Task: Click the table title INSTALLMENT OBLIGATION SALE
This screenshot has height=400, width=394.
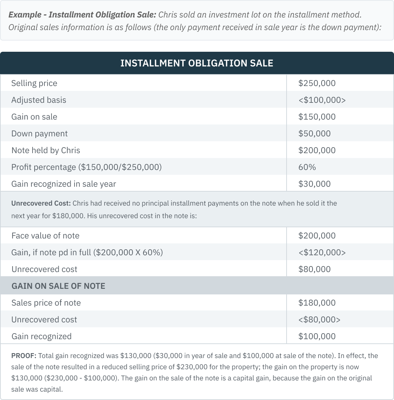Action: pos(197,63)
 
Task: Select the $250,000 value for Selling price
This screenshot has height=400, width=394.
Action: pos(317,83)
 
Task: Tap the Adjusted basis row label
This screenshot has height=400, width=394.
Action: pos(38,100)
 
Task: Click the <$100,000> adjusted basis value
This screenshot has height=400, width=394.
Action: pos(322,100)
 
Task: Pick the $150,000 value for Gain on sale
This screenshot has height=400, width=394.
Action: pos(317,117)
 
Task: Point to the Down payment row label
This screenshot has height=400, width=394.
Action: pos(39,134)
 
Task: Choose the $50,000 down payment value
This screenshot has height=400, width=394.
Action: pos(314,134)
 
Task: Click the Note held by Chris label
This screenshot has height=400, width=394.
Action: pos(45,150)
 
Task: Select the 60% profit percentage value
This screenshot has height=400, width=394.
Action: pos(307,167)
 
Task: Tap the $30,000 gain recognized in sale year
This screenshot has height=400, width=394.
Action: pos(314,184)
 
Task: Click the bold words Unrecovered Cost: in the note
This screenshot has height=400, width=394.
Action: pos(41,203)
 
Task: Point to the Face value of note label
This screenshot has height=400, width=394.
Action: pos(45,236)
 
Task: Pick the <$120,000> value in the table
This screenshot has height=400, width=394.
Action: pos(322,252)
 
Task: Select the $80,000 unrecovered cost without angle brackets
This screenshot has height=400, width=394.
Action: pos(314,269)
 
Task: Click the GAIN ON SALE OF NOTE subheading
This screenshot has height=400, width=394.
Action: pos(58,286)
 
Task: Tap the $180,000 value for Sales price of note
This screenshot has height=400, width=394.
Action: pos(317,303)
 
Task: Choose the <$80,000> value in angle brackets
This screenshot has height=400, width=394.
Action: pos(319,320)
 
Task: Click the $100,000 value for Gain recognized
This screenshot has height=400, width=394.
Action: pos(317,336)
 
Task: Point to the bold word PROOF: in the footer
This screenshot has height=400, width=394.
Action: pos(23,356)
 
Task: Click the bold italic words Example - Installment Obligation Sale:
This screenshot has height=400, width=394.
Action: pos(82,15)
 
